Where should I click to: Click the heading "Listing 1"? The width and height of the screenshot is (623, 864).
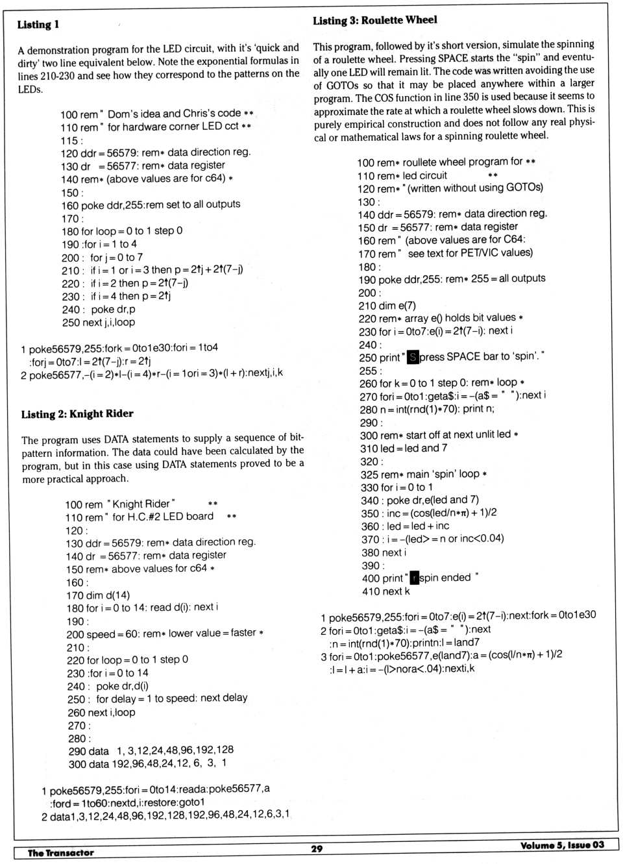point(38,25)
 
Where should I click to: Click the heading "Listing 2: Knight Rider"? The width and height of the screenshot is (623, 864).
point(77,414)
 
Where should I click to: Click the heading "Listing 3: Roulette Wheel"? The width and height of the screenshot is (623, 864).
point(375,20)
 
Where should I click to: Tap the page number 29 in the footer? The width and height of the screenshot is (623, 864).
point(317,848)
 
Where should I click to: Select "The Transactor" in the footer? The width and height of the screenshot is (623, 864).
point(61,853)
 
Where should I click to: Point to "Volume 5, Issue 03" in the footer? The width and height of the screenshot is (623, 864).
point(562,845)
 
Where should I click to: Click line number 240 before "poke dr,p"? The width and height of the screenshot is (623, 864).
point(71,310)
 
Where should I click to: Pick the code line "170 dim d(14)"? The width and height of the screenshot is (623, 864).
point(98,595)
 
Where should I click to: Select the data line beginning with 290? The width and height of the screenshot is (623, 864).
point(151,750)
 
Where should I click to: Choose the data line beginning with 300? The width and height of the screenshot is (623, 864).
point(147,763)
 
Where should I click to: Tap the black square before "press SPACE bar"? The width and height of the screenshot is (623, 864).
point(412,357)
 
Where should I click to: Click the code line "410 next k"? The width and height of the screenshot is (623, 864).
point(386,591)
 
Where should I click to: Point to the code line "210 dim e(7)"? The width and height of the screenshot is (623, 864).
point(387,305)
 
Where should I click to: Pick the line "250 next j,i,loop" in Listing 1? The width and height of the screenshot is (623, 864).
point(99,323)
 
